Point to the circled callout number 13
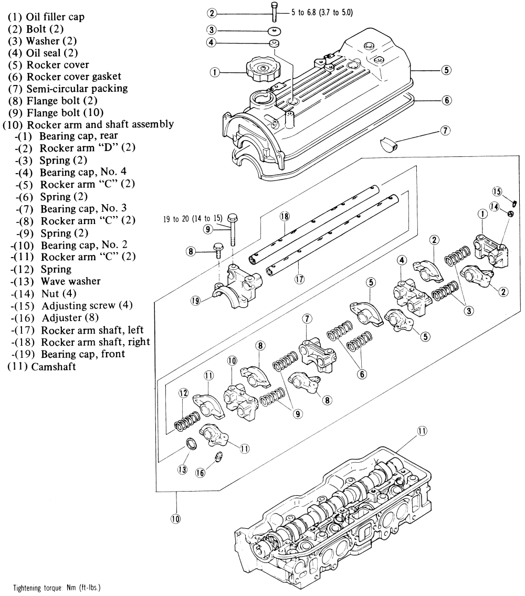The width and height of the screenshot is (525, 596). click(182, 470)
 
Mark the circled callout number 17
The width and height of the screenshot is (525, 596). click(300, 280)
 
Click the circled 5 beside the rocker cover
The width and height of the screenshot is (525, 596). click(445, 69)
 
